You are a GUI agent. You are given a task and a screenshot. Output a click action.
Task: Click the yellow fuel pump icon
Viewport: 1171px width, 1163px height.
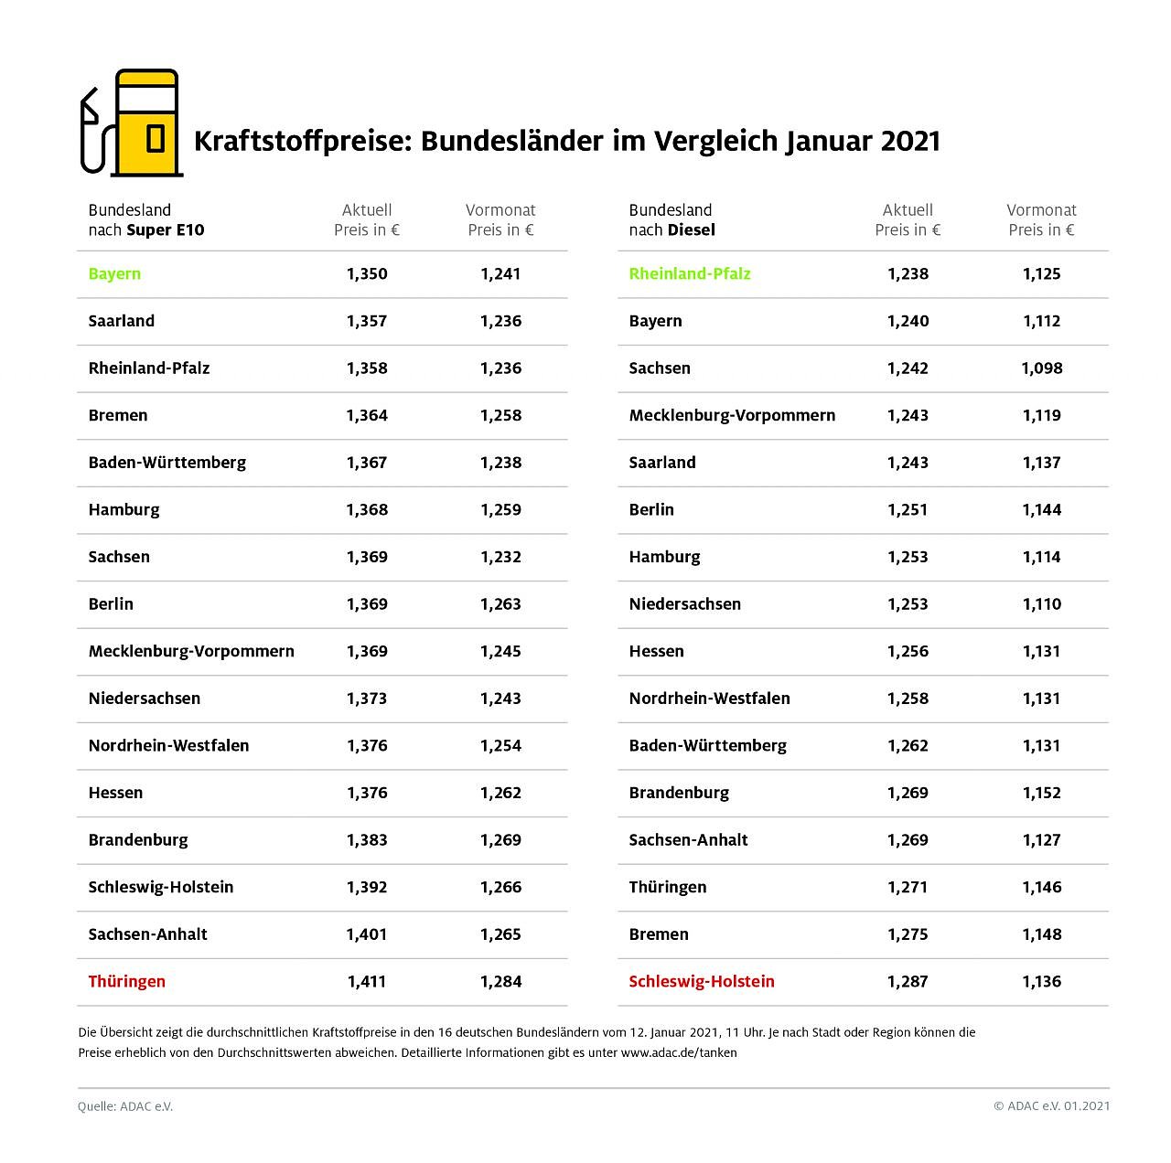pos(146,123)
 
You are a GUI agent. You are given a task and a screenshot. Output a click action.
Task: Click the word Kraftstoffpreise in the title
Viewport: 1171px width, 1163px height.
pos(300,142)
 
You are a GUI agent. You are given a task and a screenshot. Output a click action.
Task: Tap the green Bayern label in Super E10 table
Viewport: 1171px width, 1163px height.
pos(114,273)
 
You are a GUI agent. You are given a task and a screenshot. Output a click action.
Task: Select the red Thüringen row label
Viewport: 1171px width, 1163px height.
pos(127,981)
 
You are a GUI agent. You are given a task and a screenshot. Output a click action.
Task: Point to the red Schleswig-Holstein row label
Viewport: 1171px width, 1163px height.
pos(702,981)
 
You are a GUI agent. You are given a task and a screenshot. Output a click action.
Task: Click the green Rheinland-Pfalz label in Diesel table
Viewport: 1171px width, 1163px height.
pos(690,273)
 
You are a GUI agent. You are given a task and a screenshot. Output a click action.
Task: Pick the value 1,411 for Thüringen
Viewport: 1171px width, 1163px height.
pos(367,981)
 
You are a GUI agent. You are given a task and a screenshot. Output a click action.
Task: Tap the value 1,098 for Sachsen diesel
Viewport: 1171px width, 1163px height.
pos(1042,368)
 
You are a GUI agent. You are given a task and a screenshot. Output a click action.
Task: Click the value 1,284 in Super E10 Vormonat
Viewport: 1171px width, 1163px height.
pos(500,981)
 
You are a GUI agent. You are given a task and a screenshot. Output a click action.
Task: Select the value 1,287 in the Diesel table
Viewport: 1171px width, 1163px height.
pos(908,981)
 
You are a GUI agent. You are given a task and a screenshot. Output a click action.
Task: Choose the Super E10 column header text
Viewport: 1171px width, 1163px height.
pos(166,229)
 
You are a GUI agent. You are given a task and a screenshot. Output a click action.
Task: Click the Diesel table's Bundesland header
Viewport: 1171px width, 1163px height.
pos(671,210)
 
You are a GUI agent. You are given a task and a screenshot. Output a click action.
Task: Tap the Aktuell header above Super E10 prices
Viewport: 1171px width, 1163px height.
pos(367,210)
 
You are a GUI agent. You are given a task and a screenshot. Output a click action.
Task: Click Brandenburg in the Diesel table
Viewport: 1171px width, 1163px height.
pos(679,793)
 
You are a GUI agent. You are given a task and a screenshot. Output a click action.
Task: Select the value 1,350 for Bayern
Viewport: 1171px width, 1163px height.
pos(367,273)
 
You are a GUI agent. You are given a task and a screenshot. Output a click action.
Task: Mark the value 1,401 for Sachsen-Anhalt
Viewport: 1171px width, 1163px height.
pos(367,934)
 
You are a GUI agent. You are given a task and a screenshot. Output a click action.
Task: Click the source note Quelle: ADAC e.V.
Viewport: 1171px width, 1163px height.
pos(125,1106)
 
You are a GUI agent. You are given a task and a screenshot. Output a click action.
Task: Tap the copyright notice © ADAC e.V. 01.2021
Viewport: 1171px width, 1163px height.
pos(1052,1106)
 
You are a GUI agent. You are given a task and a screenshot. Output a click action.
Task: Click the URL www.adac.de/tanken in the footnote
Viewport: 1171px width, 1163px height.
pos(679,1052)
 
